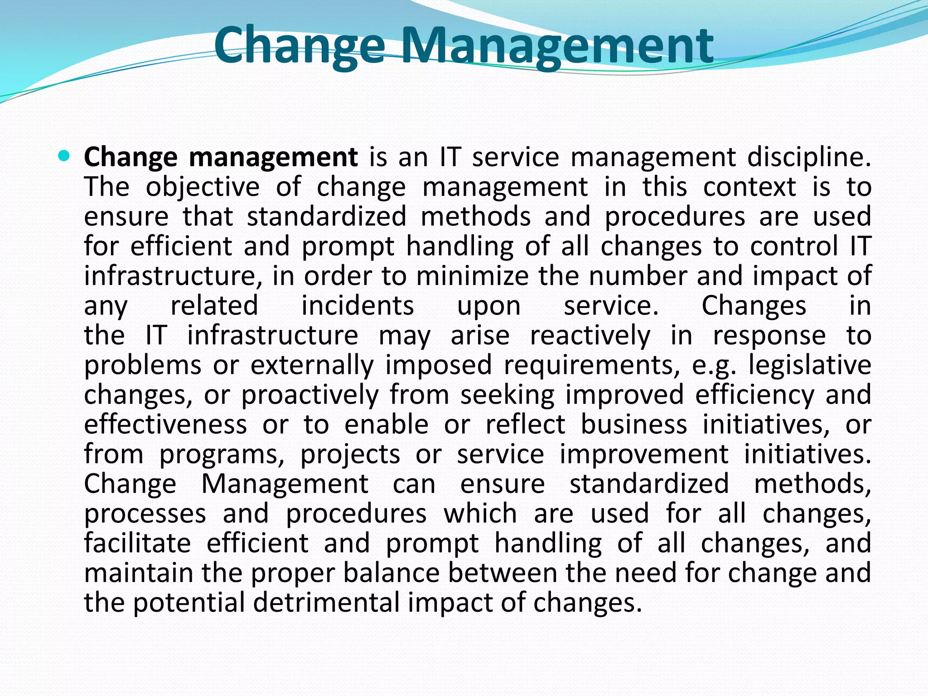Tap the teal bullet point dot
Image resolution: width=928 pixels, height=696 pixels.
tap(64, 157)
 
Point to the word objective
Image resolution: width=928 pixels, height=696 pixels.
tap(203, 188)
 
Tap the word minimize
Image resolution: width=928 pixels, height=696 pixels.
tap(472, 276)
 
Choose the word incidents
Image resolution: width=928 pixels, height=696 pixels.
tap(358, 306)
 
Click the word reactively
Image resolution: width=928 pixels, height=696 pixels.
tap(590, 336)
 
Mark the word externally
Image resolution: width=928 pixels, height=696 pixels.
tap(312, 365)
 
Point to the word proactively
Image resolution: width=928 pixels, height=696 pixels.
tap(309, 396)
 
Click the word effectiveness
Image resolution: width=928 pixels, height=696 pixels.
tap(165, 425)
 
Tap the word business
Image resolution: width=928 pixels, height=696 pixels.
tap(633, 425)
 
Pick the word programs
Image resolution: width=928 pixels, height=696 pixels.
tap(222, 455)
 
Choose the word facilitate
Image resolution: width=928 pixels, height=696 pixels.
tap(137, 543)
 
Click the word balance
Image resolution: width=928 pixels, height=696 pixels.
tap(391, 573)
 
